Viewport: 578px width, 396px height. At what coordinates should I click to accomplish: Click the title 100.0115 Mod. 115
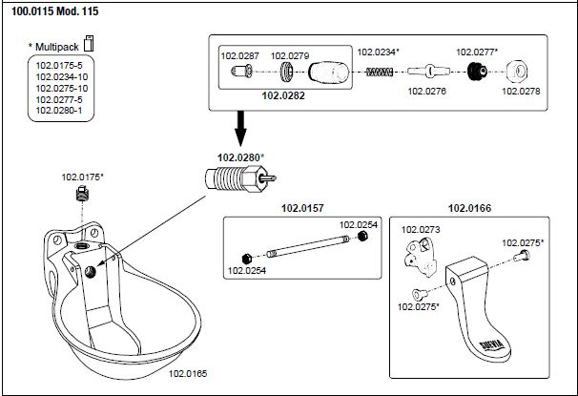pos(55,11)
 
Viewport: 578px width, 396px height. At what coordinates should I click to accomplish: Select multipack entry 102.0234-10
pos(62,77)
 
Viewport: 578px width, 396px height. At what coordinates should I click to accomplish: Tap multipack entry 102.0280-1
pos(59,111)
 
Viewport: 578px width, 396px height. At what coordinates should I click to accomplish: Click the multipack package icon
pos(89,44)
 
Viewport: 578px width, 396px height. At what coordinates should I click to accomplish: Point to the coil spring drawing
pos(380,72)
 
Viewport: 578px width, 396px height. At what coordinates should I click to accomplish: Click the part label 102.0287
pos(240,56)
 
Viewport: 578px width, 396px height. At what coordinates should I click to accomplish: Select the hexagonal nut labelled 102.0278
pos(517,72)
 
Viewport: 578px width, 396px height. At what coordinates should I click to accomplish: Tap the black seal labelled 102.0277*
pos(477,72)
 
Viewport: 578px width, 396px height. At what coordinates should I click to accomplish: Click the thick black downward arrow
pos(240,128)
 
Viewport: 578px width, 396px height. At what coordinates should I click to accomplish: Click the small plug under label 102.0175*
pos(83,193)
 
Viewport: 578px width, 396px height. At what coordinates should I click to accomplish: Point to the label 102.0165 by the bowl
pos(188,373)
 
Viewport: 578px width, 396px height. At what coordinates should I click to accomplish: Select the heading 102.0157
pos(302,208)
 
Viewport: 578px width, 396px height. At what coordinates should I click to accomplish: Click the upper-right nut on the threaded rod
pos(363,236)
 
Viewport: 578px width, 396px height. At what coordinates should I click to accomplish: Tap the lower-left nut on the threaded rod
pos(247,259)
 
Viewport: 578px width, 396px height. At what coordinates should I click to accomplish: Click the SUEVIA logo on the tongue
pos(491,345)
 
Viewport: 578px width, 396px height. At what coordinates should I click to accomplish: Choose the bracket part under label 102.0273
pos(420,257)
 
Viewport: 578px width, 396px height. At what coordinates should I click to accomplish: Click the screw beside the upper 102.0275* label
pos(521,255)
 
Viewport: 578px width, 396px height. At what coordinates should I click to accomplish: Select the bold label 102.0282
pos(283,95)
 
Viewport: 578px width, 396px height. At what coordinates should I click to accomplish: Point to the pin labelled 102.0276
pos(428,71)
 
